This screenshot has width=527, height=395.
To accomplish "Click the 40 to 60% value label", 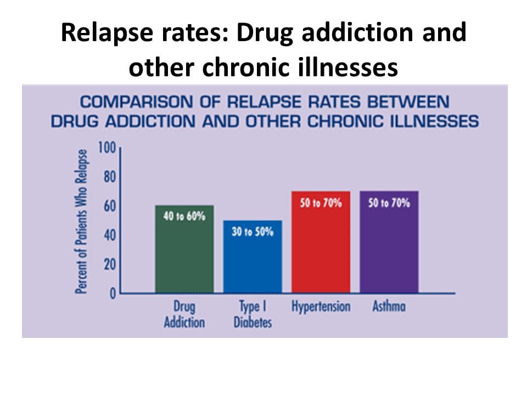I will (x=184, y=216).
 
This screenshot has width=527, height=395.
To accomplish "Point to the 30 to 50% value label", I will (x=253, y=232).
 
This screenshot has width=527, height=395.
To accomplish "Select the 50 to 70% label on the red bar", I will (x=321, y=203).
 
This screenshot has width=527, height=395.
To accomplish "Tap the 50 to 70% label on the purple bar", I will (x=389, y=203).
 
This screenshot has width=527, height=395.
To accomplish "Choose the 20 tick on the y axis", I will (x=110, y=265).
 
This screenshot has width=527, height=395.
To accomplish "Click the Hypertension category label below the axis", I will (x=321, y=307).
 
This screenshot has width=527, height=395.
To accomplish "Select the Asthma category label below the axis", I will (x=389, y=307).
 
